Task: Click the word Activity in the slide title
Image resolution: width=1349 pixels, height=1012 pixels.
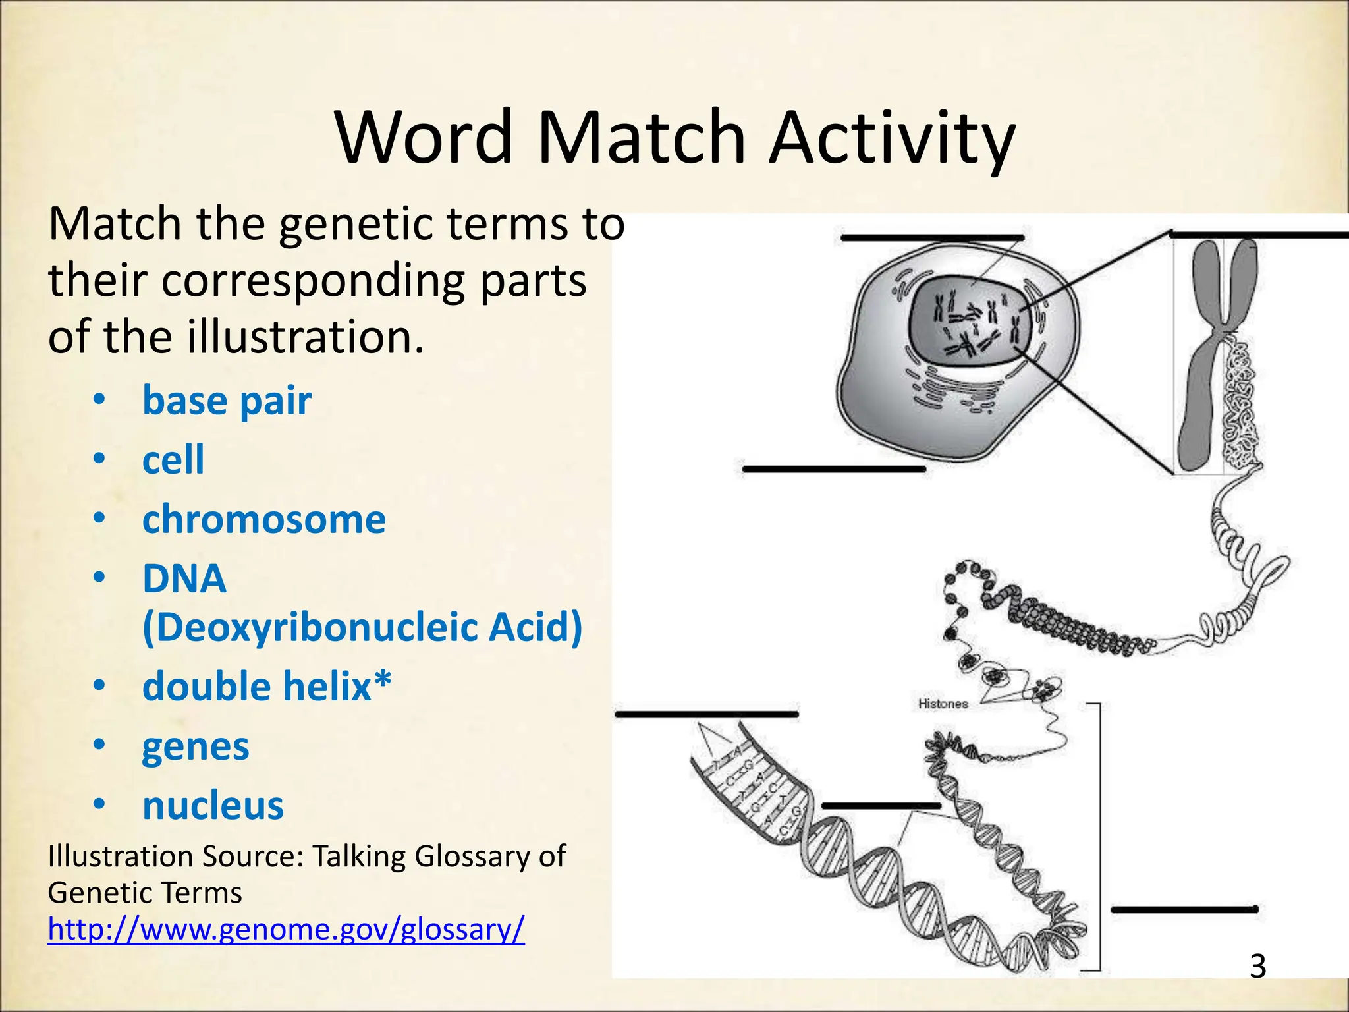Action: pyautogui.click(x=892, y=140)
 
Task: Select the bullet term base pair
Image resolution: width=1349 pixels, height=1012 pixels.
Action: pyautogui.click(x=227, y=401)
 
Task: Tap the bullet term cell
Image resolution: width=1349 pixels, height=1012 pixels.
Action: pyautogui.click(x=173, y=459)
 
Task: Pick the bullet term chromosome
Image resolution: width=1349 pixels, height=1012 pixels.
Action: pyautogui.click(x=263, y=519)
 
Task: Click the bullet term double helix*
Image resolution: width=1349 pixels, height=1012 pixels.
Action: pyautogui.click(x=267, y=687)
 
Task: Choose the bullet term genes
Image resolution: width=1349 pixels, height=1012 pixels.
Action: pyautogui.click(x=196, y=746)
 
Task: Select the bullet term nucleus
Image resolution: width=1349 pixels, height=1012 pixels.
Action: pyautogui.click(x=213, y=806)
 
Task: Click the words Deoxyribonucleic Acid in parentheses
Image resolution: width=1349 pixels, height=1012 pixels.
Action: pyautogui.click(x=362, y=627)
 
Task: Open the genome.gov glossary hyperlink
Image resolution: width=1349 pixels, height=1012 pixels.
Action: pyautogui.click(x=286, y=930)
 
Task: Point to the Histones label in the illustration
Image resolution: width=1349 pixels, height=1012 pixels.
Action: pyautogui.click(x=943, y=704)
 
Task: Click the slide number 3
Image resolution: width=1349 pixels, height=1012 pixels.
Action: pyautogui.click(x=1257, y=966)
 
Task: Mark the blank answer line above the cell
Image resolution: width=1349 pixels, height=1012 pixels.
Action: pyautogui.click(x=932, y=238)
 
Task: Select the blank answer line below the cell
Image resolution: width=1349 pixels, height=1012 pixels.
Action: pyautogui.click(x=834, y=469)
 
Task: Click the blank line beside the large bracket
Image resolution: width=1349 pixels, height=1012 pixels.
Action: pyautogui.click(x=1184, y=910)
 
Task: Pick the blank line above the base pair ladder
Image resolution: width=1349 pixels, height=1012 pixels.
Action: pyautogui.click(x=706, y=714)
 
